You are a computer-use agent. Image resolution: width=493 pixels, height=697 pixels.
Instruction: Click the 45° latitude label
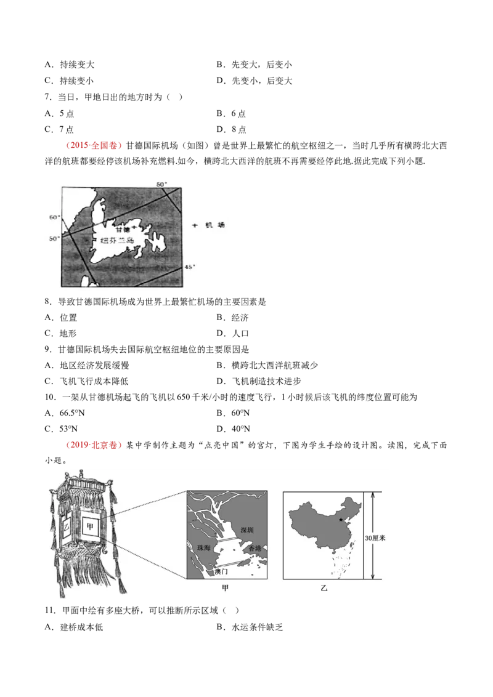click(x=190, y=267)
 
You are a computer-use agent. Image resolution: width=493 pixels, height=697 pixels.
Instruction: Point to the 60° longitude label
click(x=54, y=217)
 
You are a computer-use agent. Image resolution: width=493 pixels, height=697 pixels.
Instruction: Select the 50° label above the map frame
click(x=161, y=184)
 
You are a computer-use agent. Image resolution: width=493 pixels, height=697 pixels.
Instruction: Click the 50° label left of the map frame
click(x=54, y=238)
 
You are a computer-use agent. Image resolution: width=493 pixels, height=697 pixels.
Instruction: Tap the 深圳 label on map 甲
click(x=246, y=530)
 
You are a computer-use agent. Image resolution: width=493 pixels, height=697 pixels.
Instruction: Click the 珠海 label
click(x=203, y=547)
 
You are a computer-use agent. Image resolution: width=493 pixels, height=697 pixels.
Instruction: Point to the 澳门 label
click(x=221, y=571)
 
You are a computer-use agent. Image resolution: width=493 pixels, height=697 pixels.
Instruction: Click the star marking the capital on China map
click(x=340, y=520)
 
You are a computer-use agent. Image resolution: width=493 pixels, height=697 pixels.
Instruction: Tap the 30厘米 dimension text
click(x=375, y=538)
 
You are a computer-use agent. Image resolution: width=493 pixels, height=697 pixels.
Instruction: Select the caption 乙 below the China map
click(x=324, y=589)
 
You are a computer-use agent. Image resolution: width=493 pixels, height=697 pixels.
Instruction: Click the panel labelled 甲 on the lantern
click(x=91, y=526)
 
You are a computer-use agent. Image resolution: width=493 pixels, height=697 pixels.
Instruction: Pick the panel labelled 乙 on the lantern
click(x=65, y=528)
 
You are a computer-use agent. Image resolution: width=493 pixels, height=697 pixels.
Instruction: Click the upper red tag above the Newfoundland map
click(x=94, y=146)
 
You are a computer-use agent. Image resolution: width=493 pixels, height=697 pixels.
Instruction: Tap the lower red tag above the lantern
click(x=94, y=445)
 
